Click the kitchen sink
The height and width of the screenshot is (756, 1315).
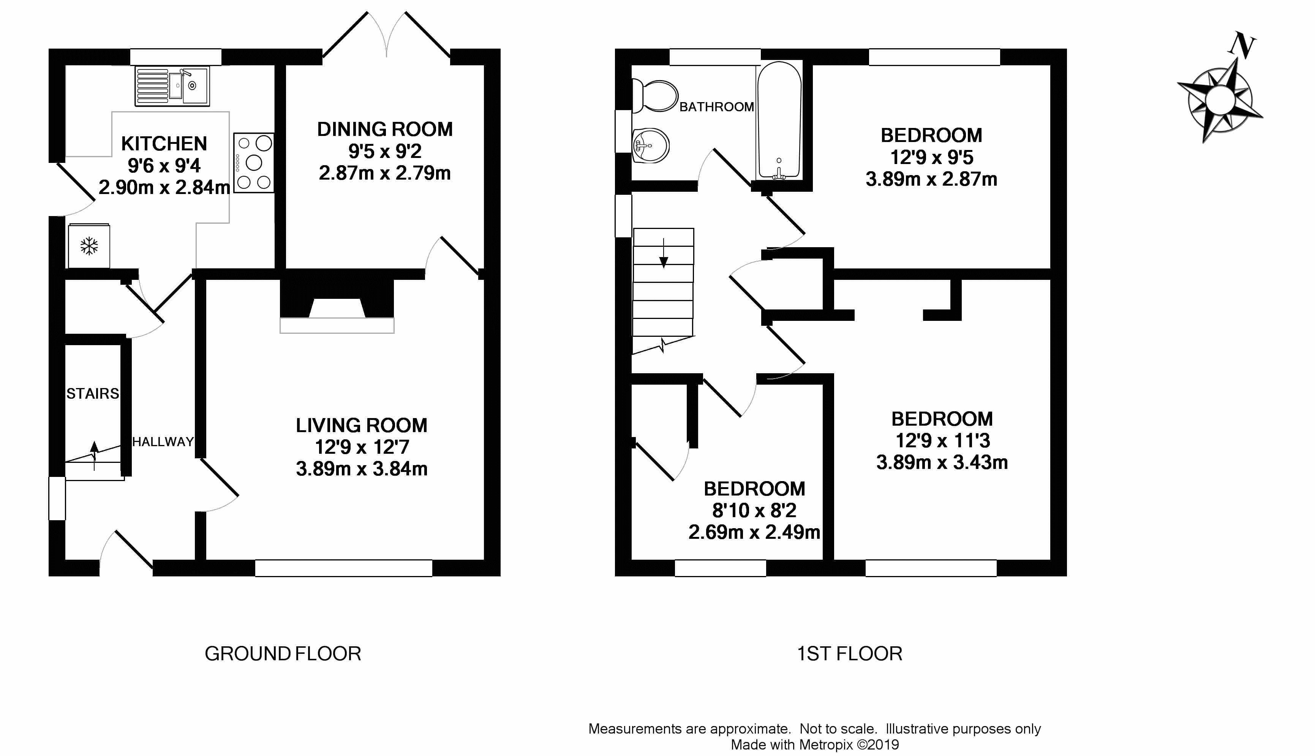coord(172,86)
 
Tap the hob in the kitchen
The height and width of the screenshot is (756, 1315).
coord(253,163)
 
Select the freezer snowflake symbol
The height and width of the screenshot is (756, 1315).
coord(89,246)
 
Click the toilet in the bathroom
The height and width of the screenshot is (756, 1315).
coord(655,96)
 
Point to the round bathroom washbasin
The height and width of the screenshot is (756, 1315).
coord(651,146)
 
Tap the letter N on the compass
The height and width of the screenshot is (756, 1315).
coord(1242,45)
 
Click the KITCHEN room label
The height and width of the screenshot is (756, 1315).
coord(164,143)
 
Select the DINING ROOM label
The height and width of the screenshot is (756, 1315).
coord(385,129)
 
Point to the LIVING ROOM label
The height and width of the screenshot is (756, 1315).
coord(362,425)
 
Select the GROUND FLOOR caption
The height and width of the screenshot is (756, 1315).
coord(283,654)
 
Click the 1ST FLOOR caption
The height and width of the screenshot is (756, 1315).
coord(850,654)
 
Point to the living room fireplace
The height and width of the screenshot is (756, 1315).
coord(337,306)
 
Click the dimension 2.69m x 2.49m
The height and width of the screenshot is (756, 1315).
coord(754,532)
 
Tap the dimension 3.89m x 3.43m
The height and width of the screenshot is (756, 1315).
coord(942,462)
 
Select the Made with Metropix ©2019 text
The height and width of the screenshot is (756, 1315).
coord(814,745)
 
